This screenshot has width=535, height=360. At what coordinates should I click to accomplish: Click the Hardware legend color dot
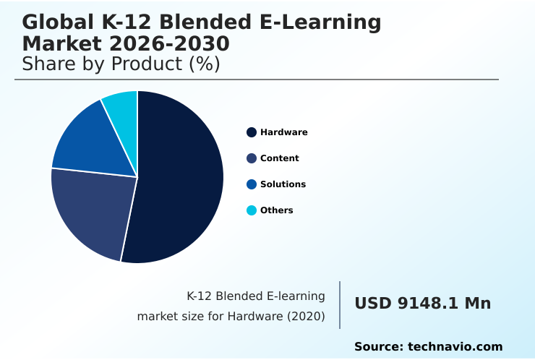[252, 132]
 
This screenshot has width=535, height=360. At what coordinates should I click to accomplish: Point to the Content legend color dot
[252, 158]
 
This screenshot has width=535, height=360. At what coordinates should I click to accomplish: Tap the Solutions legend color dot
[252, 184]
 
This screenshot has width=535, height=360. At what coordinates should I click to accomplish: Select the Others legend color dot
[252, 210]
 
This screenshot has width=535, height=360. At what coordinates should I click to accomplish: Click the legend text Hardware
[284, 132]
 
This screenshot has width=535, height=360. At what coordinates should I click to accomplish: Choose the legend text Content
[280, 158]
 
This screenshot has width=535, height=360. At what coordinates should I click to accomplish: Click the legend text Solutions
[283, 184]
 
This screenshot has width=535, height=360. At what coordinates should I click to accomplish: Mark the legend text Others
[277, 210]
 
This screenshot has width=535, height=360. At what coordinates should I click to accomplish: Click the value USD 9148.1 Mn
[422, 304]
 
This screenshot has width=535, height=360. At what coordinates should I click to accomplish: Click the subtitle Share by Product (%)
[121, 64]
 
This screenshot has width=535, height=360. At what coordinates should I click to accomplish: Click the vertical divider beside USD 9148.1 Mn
[340, 305]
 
